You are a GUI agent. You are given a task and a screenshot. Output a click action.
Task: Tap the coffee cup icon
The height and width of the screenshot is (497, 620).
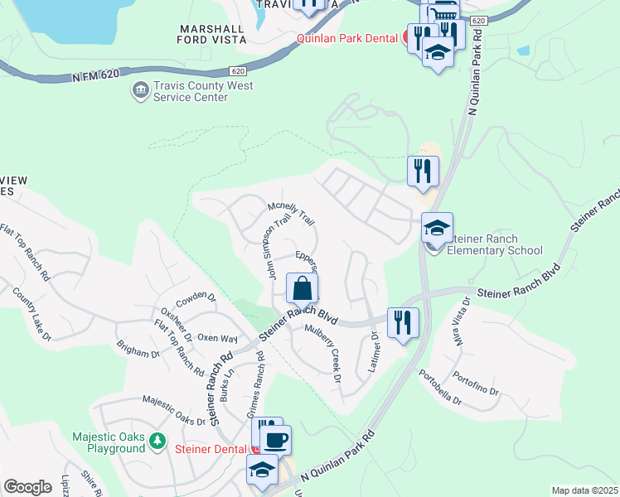pyautogui.click(x=275, y=440)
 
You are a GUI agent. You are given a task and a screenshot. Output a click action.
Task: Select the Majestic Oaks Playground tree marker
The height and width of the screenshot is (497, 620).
pyautogui.click(x=158, y=442)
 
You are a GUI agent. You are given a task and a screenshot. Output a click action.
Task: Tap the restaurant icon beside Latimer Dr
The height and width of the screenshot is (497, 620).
pyautogui.click(x=403, y=322)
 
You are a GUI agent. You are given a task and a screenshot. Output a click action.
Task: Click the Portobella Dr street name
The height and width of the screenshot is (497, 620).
pyautogui.click(x=440, y=387)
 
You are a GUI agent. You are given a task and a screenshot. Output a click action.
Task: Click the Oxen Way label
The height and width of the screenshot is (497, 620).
pyautogui.click(x=217, y=339)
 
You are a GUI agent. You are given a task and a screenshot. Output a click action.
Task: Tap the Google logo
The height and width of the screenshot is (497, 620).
pyautogui.click(x=27, y=487)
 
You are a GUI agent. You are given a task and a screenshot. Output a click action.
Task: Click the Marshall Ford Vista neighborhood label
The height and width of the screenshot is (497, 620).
pyautogui.click(x=213, y=33)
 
